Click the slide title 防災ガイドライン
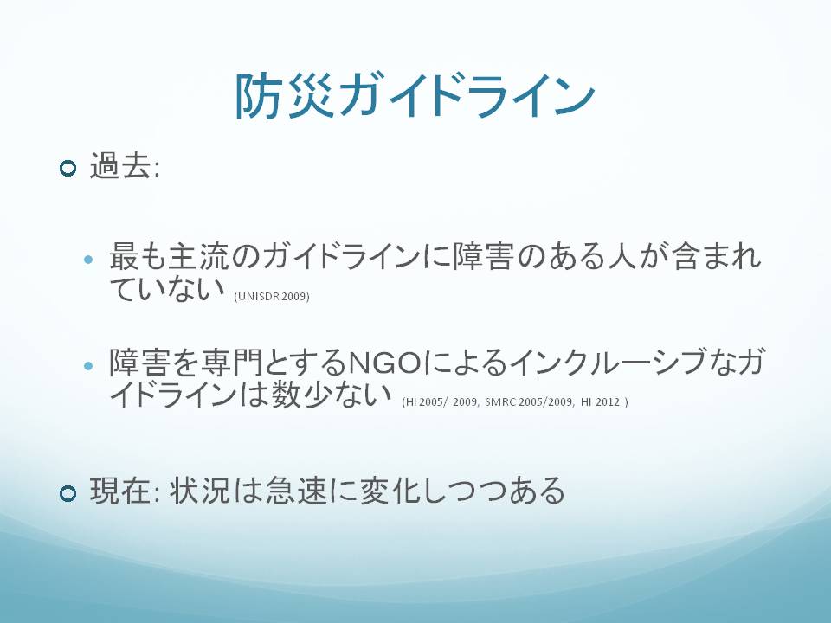(415, 96)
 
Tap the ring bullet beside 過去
(68, 169)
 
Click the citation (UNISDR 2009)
(271, 296)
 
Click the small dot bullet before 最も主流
(88, 260)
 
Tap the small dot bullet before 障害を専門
(88, 365)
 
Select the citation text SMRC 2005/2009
(528, 402)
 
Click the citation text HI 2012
(600, 402)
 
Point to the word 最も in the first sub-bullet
(138, 256)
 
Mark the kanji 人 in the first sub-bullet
(622, 256)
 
